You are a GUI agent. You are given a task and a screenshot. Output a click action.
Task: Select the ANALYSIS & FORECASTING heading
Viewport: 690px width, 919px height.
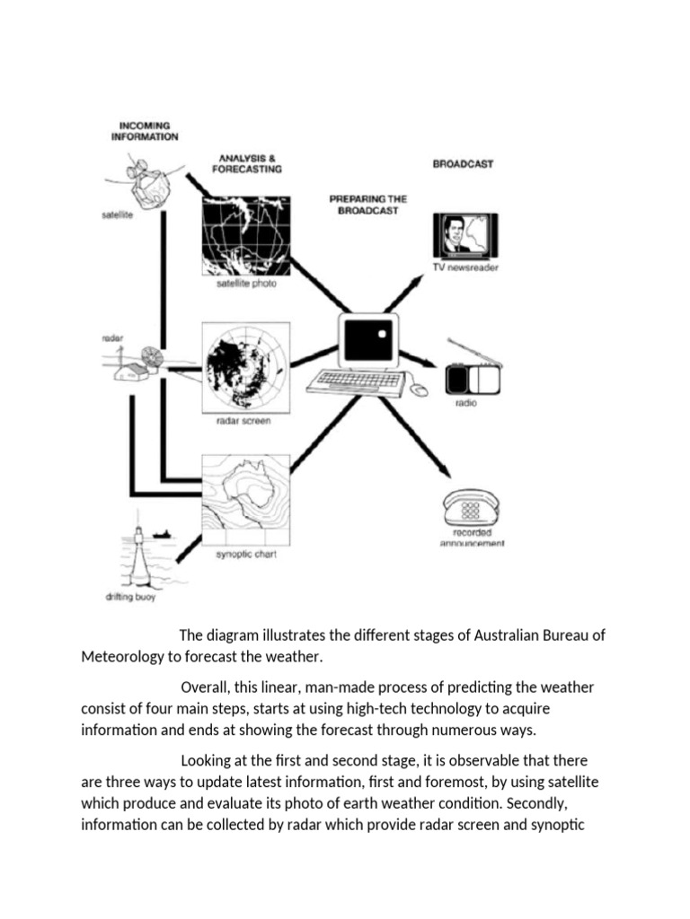pyautogui.click(x=246, y=163)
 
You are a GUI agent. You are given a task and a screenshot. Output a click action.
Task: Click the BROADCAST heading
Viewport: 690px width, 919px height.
pyautogui.click(x=464, y=165)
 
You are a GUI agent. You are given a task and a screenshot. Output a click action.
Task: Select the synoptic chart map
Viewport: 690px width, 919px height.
pyautogui.click(x=245, y=498)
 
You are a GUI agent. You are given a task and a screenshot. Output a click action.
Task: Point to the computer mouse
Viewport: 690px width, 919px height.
pyautogui.click(x=419, y=389)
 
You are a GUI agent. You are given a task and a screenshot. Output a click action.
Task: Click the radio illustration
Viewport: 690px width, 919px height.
pyautogui.click(x=474, y=372)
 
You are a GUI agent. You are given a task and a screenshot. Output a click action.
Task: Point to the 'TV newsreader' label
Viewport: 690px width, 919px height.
pyautogui.click(x=466, y=267)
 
